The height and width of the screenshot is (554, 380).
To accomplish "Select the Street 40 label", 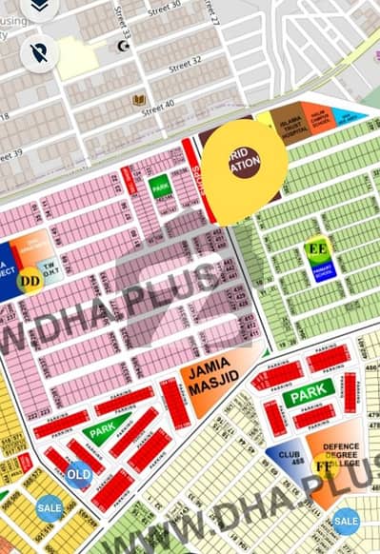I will coord(159,104).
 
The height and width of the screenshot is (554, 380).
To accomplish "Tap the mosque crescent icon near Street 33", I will coord(121,46).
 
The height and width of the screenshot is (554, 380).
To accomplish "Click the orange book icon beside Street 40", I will coord(139,99).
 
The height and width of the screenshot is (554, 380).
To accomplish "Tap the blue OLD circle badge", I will coord(80,473).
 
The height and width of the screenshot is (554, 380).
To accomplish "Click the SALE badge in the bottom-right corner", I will coord(347,521).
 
